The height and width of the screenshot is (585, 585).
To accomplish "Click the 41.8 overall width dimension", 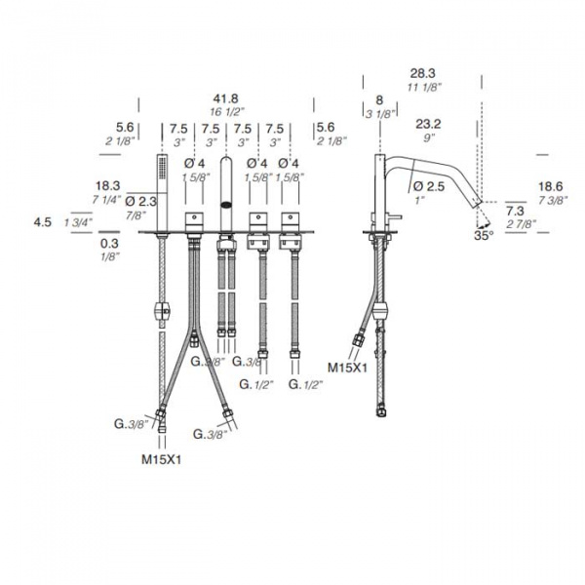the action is (x=225, y=98).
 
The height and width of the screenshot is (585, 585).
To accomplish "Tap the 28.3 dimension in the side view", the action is (x=423, y=73).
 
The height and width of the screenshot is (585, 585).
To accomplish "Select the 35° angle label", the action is (x=484, y=235).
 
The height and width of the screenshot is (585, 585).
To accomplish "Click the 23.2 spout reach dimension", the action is (x=428, y=124).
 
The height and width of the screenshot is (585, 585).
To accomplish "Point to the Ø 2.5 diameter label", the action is (x=429, y=186).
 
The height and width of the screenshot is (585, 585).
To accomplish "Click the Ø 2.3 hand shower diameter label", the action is (x=141, y=202).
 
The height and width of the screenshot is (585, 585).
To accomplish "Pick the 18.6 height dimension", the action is (x=551, y=186).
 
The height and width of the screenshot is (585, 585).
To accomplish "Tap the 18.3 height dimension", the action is (x=107, y=185).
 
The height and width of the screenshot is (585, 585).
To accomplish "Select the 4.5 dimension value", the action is (x=43, y=222).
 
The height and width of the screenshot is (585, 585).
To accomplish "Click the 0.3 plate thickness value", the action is (x=109, y=244).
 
